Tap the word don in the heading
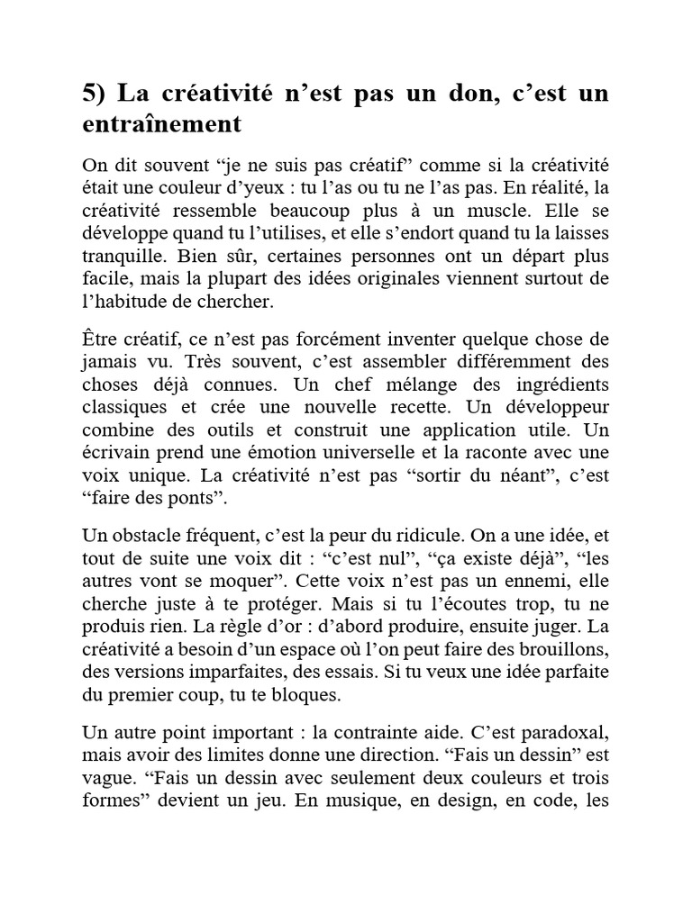tap(469, 94)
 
